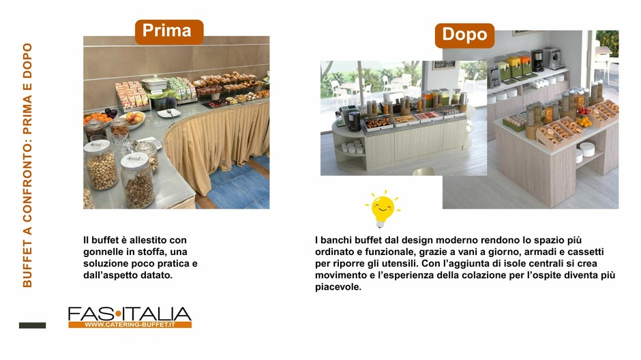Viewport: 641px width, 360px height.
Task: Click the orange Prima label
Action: (169, 32)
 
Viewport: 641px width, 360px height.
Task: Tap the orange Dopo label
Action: (464, 35)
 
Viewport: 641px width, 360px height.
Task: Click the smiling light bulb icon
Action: (383, 209)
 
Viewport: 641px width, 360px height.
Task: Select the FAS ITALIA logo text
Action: (130, 314)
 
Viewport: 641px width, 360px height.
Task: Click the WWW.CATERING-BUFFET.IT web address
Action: (130, 325)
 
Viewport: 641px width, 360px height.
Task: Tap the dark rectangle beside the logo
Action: (32, 325)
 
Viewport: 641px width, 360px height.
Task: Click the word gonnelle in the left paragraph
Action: (100, 252)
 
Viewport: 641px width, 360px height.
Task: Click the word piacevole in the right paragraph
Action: (338, 287)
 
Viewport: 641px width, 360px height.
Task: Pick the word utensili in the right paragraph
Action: (401, 264)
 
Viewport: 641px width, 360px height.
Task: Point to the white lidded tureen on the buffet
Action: (154, 83)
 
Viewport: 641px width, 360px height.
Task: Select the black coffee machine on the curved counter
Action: (354, 121)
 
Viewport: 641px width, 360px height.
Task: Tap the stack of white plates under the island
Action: (587, 149)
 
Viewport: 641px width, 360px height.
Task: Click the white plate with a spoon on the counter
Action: (169, 113)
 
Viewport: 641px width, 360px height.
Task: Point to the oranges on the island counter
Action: (585, 121)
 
